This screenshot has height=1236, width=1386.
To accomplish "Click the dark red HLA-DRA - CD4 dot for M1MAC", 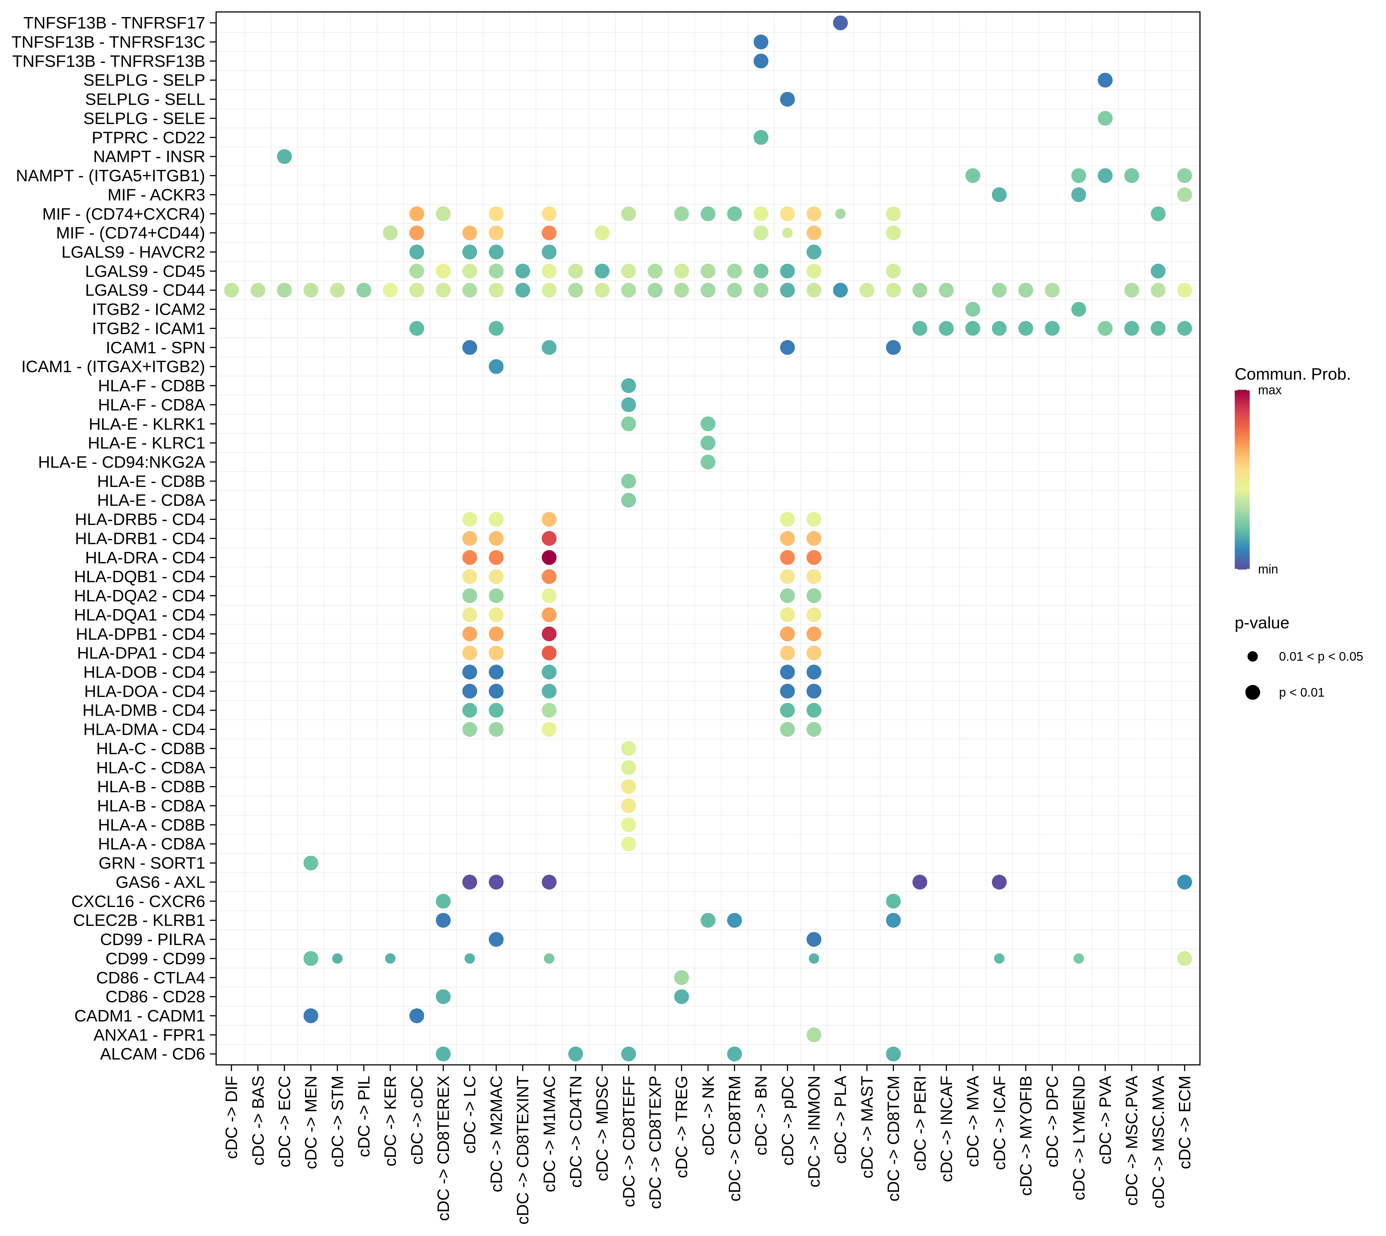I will pos(549,558).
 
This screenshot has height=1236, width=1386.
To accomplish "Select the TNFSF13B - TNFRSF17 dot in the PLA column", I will pos(840,23).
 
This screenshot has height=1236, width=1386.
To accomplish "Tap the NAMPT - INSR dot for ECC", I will pos(284,157).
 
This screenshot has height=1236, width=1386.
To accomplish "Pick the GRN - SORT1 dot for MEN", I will pos(311,863).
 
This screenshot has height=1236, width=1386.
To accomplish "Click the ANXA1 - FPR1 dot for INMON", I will pos(814,1035).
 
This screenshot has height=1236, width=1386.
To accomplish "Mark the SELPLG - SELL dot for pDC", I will pos(787,99).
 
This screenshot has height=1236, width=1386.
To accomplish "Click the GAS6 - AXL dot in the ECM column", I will pos(1184,882).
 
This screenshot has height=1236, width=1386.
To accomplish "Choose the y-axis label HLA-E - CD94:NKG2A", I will pos(122,462).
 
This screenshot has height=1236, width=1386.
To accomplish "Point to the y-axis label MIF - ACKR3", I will pos(156,195).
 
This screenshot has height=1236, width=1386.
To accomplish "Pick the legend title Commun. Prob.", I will pos(1292,374).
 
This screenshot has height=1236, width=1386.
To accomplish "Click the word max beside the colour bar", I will pos(1269,390).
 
